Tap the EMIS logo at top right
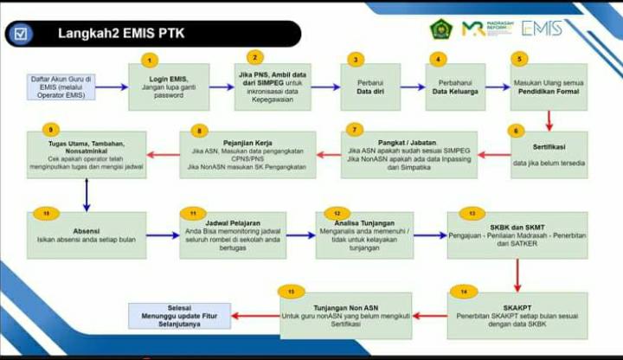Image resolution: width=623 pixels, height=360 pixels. pos(542,28)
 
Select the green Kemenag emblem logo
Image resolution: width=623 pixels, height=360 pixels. pos(441,29)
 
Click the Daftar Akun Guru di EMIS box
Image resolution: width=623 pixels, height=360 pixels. pos(62,87)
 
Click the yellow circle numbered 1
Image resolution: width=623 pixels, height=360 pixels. pos(151,60)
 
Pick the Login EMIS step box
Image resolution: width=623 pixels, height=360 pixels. pos(169,87)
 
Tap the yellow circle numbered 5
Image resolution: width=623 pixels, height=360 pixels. pos(519,59)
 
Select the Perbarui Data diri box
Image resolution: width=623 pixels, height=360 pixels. pos(369,87)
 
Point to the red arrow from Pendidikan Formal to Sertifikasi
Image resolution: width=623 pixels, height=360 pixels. pos(549,120)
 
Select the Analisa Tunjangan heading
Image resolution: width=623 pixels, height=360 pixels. pos(363,223)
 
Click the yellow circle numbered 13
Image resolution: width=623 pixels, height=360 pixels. pos(472,212)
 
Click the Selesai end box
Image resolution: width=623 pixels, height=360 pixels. pos(182,316)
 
